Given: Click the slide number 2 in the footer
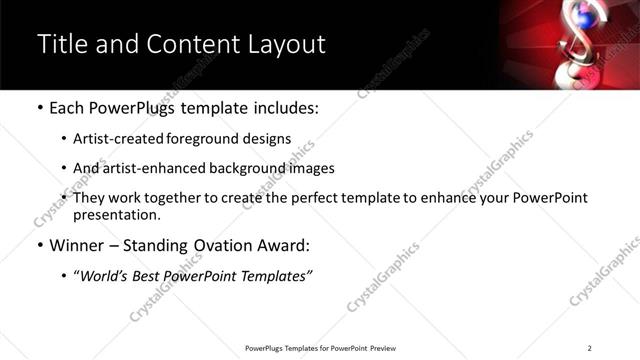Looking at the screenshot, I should (590, 348).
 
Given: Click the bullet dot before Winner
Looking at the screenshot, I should (39, 245).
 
